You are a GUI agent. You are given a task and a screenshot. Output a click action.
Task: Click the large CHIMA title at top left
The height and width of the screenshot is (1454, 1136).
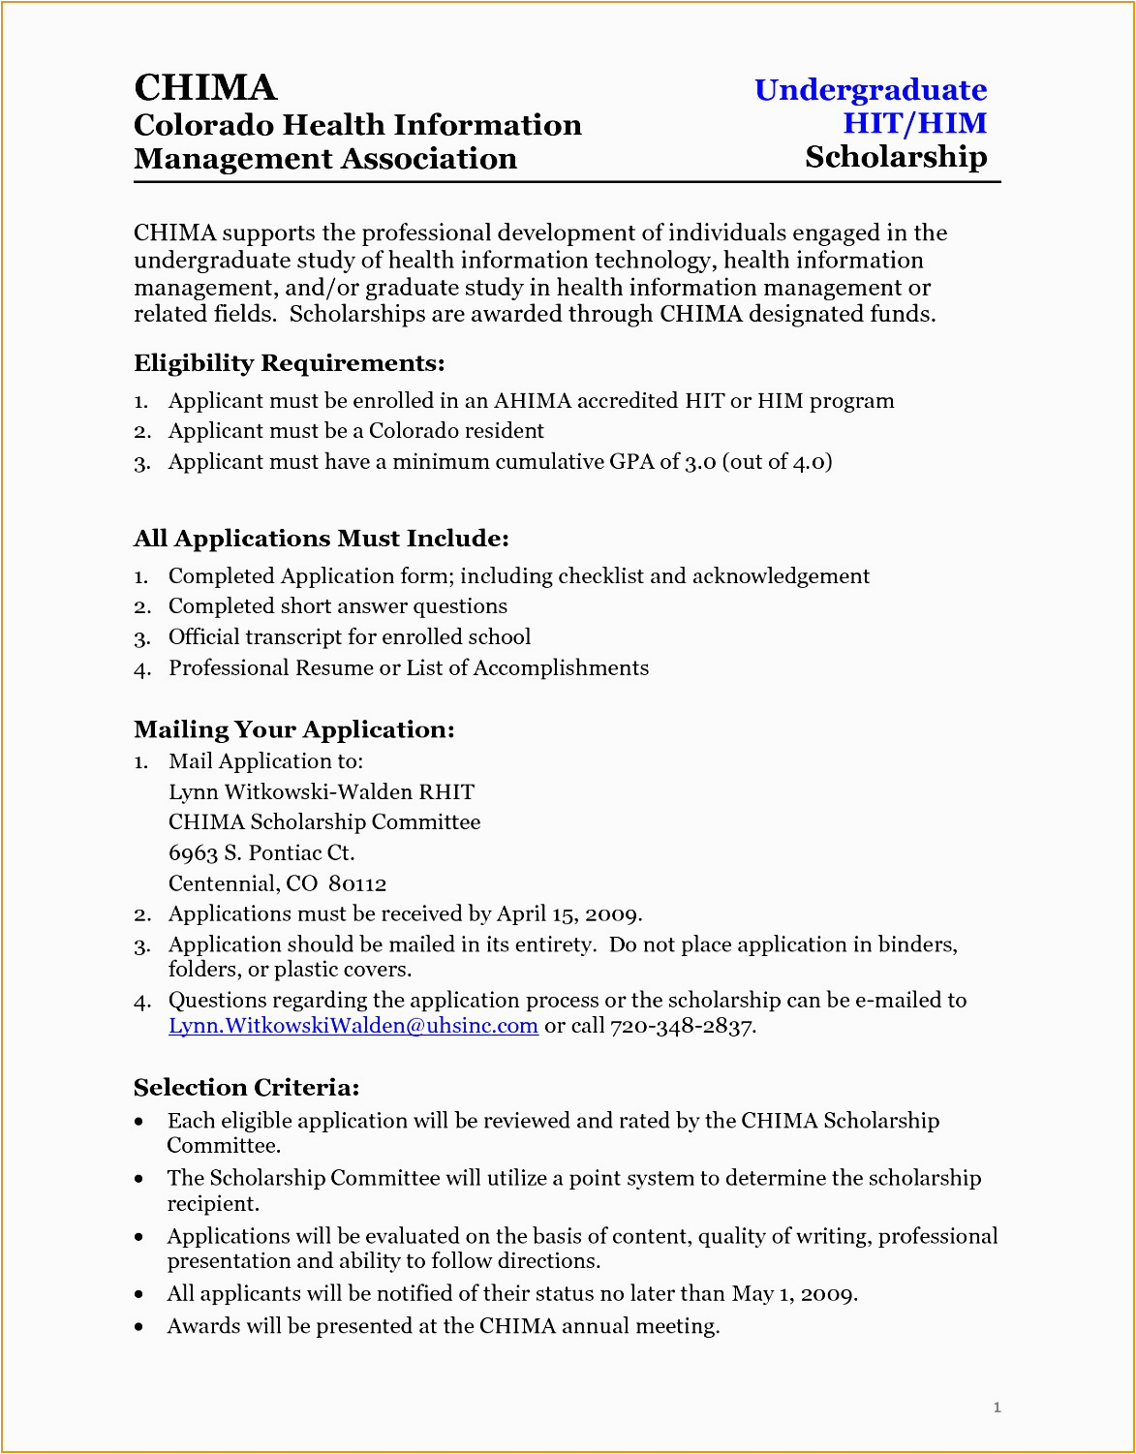tap(205, 87)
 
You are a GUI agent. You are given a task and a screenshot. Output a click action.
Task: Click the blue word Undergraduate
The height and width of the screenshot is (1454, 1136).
tap(870, 90)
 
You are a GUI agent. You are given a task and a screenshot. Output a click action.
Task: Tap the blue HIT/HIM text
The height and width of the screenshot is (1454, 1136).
tap(914, 123)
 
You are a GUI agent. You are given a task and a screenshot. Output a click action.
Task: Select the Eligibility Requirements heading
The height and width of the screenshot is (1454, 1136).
tap(289, 363)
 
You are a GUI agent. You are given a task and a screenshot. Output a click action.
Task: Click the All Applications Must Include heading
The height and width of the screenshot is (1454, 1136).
tap(321, 539)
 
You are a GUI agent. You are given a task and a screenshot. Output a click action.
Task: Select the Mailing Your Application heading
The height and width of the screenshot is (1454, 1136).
tap(293, 729)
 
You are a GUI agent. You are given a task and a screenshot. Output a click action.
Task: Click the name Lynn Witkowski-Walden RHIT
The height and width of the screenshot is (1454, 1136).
tap(322, 792)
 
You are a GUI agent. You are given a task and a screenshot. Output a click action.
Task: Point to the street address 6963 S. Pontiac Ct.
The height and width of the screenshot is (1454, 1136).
tap(261, 853)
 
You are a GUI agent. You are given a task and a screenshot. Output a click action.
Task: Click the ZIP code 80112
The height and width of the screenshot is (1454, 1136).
tap(357, 884)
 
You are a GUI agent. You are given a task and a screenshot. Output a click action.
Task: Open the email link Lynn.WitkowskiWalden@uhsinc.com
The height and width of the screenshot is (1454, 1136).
tap(353, 1026)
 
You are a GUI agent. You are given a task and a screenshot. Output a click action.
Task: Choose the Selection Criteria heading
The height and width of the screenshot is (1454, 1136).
tap(246, 1088)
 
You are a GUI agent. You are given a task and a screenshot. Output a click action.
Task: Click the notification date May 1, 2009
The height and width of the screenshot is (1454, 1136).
tap(793, 1294)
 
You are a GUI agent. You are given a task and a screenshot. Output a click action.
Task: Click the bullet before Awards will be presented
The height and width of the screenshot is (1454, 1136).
tap(140, 1327)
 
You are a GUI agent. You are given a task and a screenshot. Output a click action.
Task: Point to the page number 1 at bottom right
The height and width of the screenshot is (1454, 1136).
tap(997, 1408)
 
